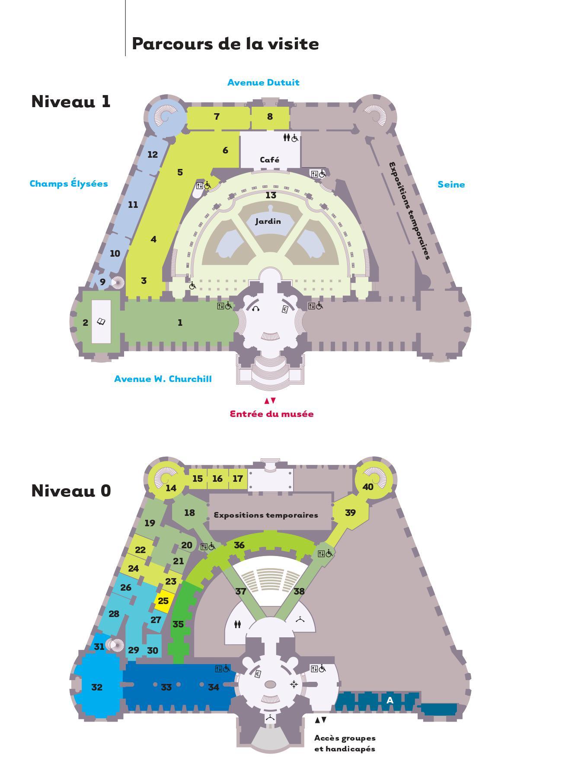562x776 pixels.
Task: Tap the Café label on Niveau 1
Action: click(x=269, y=160)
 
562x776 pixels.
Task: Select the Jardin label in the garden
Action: click(x=268, y=222)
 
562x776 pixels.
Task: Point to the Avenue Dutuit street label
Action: click(x=263, y=83)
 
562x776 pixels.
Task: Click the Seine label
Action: click(x=451, y=184)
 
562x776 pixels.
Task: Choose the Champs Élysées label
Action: click(x=69, y=183)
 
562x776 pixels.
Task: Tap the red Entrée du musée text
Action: click(x=271, y=414)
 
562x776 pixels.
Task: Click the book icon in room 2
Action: click(x=101, y=321)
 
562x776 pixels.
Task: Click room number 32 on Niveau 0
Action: click(x=97, y=687)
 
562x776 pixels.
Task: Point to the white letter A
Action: click(x=390, y=700)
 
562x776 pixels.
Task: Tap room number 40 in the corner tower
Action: click(x=367, y=487)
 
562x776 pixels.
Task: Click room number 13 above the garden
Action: click(x=271, y=195)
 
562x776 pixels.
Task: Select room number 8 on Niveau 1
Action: click(x=270, y=116)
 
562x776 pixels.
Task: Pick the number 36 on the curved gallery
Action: click(x=239, y=545)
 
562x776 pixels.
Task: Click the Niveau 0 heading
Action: click(x=71, y=491)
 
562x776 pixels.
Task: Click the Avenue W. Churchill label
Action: click(x=163, y=379)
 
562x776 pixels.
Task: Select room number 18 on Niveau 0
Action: click(x=189, y=513)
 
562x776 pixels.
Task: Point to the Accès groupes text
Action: click(x=345, y=738)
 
